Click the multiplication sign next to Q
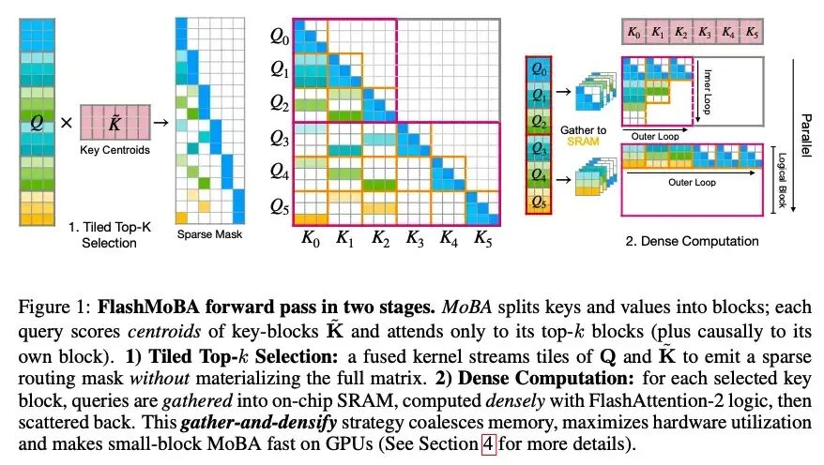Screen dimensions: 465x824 click(66, 123)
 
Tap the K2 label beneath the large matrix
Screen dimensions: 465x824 click(380, 239)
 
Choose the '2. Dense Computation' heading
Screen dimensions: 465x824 click(692, 241)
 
